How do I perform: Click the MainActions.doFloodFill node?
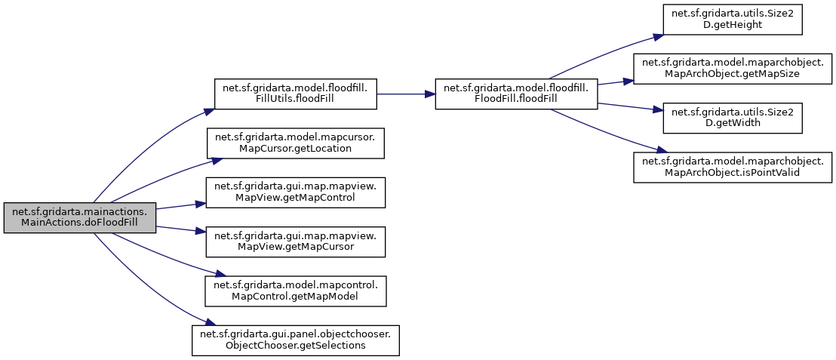[79, 217]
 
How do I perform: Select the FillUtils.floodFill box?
[295, 94]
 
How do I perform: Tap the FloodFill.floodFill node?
[516, 94]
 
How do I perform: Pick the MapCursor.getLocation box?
[296, 143]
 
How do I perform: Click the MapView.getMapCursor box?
[296, 242]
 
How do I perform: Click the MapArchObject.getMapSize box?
[732, 69]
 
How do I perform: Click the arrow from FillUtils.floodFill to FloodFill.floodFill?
[404, 94]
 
